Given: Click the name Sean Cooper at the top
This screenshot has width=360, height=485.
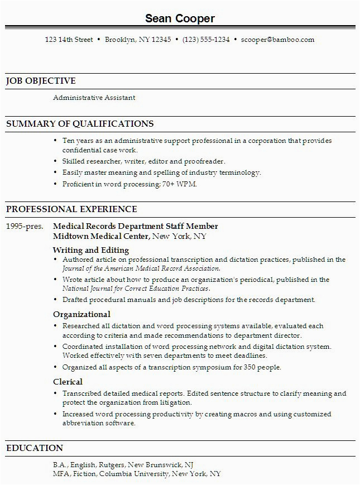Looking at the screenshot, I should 180,18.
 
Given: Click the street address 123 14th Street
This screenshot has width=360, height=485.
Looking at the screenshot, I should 69,40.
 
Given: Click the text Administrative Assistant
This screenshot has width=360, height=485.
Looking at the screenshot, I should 94,98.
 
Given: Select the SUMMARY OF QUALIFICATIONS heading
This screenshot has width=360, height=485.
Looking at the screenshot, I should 80,123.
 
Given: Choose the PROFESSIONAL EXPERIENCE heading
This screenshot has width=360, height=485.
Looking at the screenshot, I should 71,209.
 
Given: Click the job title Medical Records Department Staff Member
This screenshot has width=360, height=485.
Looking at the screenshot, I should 136,226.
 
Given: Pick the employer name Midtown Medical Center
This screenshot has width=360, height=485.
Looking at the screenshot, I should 101,236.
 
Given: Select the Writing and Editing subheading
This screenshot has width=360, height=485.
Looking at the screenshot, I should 91,249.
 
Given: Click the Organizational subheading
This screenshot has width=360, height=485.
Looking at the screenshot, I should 81,314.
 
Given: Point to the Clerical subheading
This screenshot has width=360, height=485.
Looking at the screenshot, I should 68,382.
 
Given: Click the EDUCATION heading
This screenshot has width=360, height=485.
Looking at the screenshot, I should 35,448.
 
